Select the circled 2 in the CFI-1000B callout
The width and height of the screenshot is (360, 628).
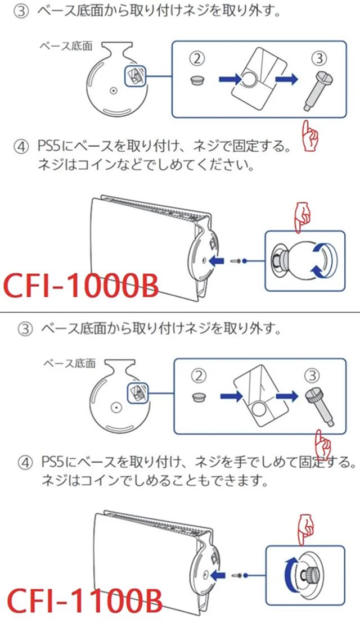coord(197,57)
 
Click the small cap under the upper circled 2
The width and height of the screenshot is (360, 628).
coord(197,80)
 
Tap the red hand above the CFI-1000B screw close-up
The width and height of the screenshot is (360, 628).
coord(304,217)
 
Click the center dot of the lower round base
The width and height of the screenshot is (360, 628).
coord(115,405)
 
